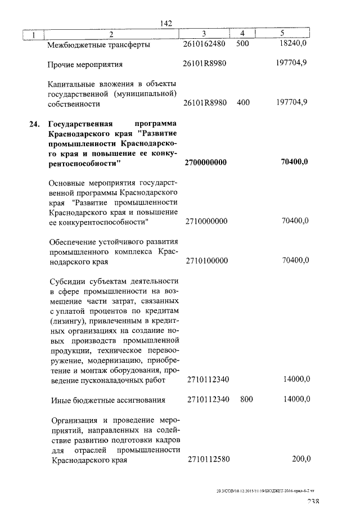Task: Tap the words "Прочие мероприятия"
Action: pyautogui.click(x=85, y=64)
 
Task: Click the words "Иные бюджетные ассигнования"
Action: pyautogui.click(x=108, y=400)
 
